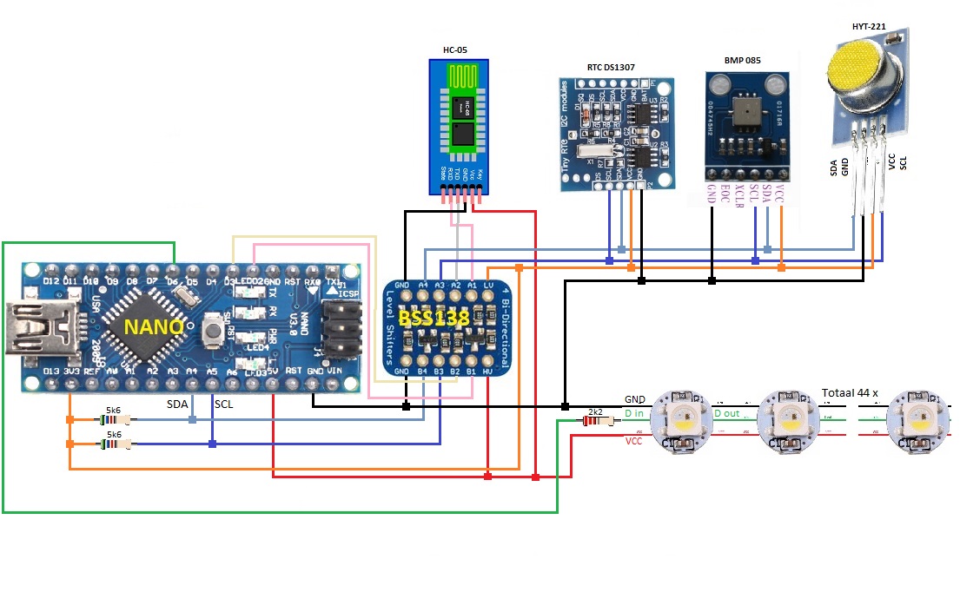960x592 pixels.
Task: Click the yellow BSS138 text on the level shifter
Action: (x=434, y=319)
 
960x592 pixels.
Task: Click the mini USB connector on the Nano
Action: (x=33, y=327)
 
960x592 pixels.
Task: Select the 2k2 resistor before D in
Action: (x=595, y=421)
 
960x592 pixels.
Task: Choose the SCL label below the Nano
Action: (x=224, y=405)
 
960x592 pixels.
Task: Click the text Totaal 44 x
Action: (x=850, y=393)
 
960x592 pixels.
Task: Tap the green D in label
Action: (x=634, y=414)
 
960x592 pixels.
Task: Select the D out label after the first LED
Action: (x=727, y=414)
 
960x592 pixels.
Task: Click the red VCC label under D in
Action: (x=634, y=441)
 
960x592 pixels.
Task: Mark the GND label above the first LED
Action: (x=635, y=399)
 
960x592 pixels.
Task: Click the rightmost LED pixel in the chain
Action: (x=917, y=424)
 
